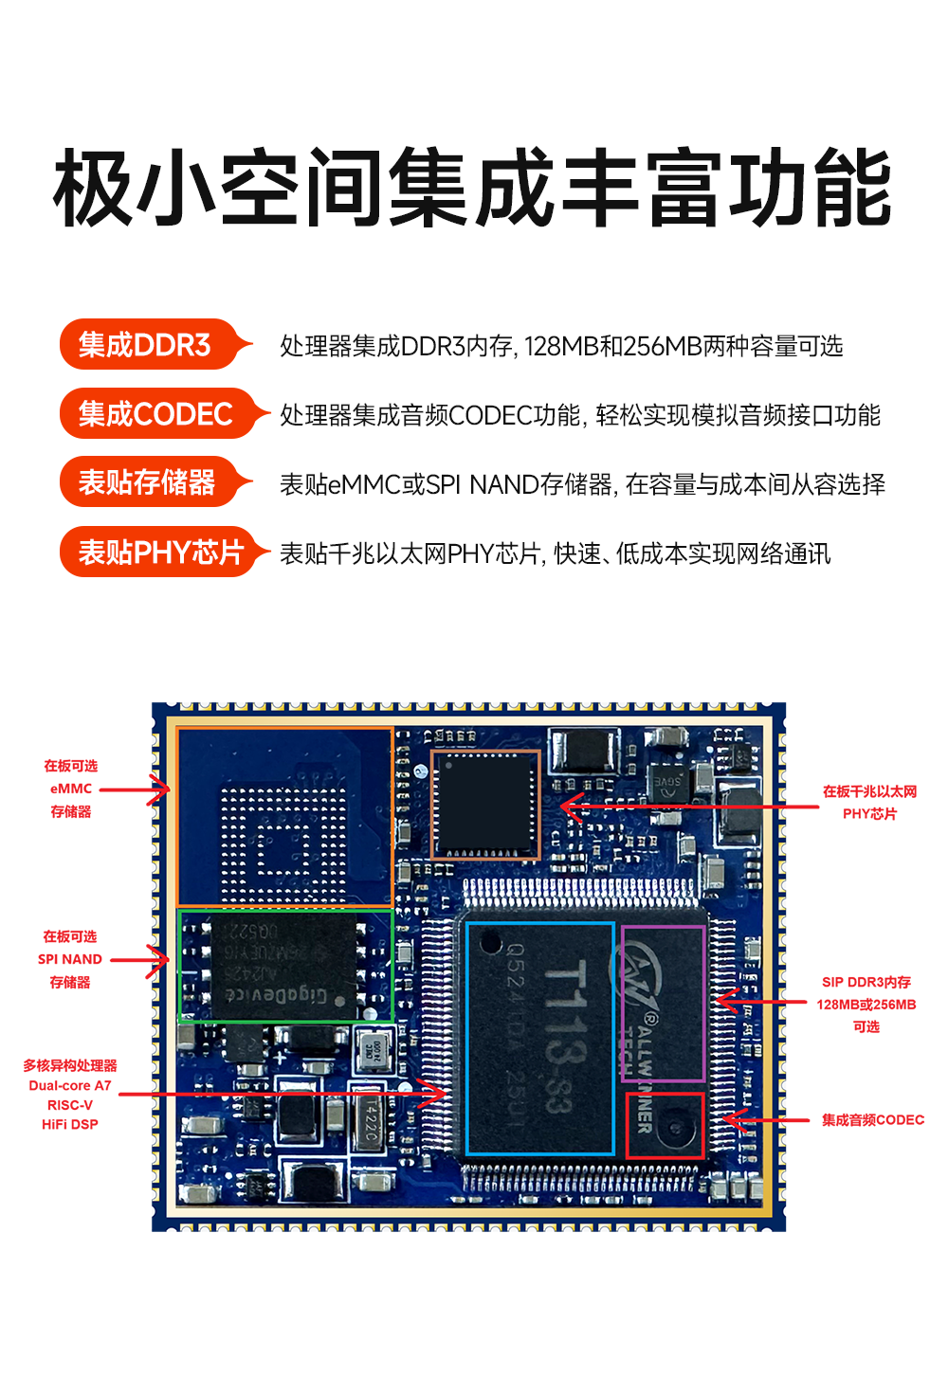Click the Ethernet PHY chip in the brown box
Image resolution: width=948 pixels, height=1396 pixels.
[x=485, y=804]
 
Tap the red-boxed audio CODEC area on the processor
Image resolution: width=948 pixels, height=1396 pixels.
[x=665, y=1125]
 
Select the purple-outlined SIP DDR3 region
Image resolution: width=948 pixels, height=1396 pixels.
[x=663, y=1003]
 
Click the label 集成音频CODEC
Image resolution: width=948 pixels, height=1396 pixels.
[x=872, y=1120]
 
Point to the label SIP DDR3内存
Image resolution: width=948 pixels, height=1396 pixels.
[x=866, y=983]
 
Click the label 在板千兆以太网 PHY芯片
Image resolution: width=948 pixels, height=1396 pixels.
[x=869, y=802]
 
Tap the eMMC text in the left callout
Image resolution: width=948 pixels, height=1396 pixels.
[x=71, y=789]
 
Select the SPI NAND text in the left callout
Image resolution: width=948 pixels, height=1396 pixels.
[x=70, y=959]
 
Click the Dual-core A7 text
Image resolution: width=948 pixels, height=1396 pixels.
[x=70, y=1086]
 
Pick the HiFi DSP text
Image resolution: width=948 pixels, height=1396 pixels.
[x=70, y=1125]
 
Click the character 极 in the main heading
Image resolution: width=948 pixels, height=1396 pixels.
[x=93, y=189]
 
